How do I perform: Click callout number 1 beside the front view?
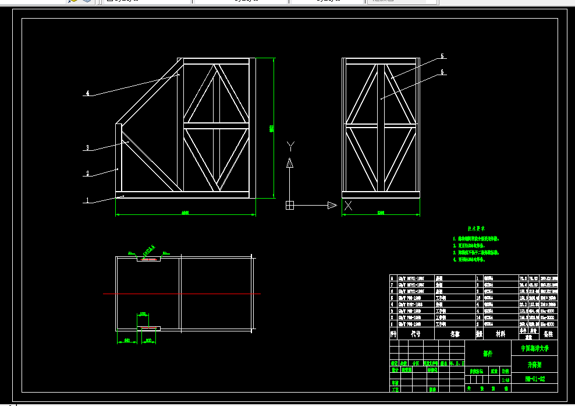point(87,200)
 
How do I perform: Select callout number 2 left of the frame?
point(87,174)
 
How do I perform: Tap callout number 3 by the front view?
point(87,148)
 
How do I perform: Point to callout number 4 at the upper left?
point(87,93)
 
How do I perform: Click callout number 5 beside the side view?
point(442,57)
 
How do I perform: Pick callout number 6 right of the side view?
point(442,72)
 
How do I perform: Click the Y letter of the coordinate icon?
point(292,146)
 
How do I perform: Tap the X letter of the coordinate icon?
point(349,205)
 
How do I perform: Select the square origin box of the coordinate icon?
point(290,205)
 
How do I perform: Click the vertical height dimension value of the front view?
point(272,128)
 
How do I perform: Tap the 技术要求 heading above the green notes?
point(476,229)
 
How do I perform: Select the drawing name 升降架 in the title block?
point(534,364)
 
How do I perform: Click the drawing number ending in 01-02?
point(534,379)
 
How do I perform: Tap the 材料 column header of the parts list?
point(501,334)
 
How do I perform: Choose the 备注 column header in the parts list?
point(548,334)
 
